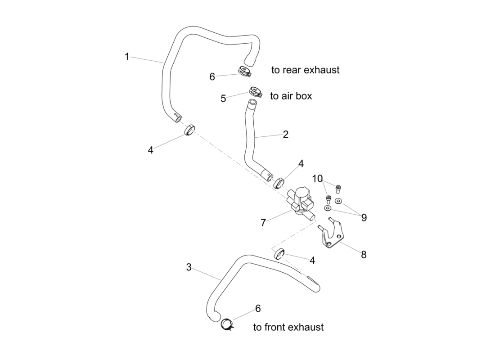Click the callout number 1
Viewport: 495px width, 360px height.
(x=127, y=57)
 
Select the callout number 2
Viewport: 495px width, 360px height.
(x=286, y=134)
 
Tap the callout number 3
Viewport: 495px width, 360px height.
(x=189, y=267)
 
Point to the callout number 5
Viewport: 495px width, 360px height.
(x=223, y=99)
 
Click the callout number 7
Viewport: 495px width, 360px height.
(x=263, y=222)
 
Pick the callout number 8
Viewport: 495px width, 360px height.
(x=364, y=255)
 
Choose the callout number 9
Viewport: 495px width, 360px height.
(x=364, y=217)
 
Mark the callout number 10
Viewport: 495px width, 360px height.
(x=317, y=179)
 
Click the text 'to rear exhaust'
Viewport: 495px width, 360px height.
(x=306, y=70)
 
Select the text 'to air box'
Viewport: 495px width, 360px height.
(x=291, y=96)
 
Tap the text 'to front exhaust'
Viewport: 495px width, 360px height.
(x=288, y=327)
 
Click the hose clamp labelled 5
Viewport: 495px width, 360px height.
(x=254, y=91)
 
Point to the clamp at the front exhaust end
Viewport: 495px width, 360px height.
(x=228, y=324)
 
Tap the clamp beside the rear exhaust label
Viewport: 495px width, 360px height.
(x=244, y=71)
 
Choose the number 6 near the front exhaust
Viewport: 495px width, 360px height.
(x=258, y=308)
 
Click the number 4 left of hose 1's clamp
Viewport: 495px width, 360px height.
(x=150, y=150)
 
